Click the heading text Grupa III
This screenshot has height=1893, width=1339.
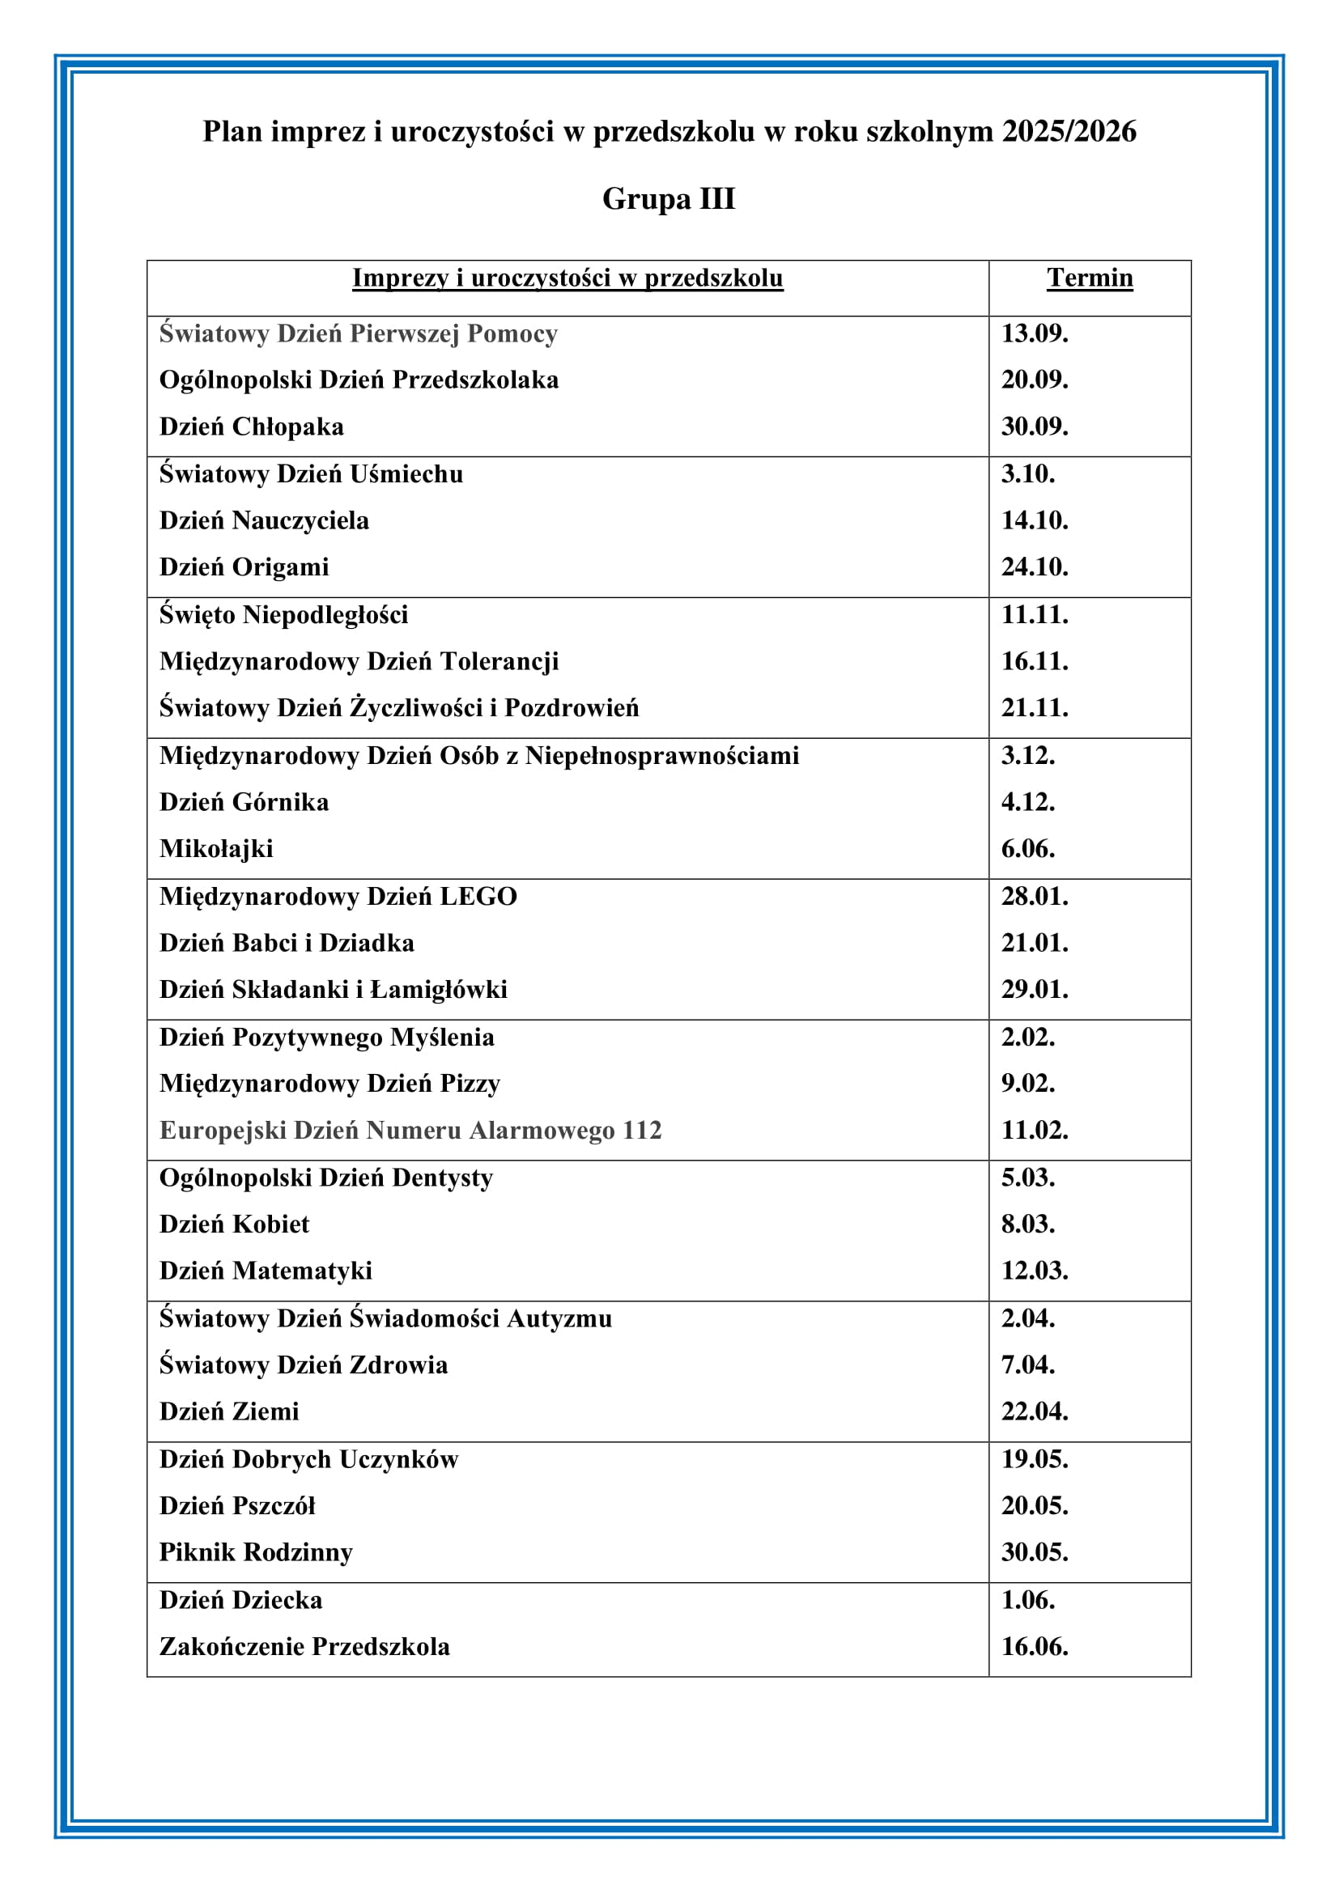[669, 199]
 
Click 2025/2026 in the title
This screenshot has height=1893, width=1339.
[1069, 131]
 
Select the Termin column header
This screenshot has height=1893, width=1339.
[1089, 278]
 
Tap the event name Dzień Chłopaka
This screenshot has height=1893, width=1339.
[252, 427]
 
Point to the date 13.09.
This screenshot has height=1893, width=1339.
[1034, 333]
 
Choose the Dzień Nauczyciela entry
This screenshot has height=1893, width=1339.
[264, 521]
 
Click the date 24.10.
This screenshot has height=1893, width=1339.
[1034, 567]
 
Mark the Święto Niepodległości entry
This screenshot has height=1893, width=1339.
[283, 615]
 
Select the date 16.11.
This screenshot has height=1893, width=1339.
[1034, 661]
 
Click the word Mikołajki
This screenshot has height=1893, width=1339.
[216, 849]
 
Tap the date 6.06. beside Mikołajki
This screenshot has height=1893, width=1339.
[1027, 849]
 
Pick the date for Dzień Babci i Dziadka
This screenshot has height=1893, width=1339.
[1034, 943]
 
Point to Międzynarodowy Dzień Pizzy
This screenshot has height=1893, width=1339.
[329, 1084]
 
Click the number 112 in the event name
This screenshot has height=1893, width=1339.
[642, 1131]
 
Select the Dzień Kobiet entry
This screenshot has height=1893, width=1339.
[234, 1225]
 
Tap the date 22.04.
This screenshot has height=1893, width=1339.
[1034, 1411]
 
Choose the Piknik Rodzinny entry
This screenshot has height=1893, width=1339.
[256, 1552]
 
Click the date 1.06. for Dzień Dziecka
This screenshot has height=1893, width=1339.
[1027, 1600]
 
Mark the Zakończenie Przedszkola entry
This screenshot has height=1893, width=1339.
[304, 1647]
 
